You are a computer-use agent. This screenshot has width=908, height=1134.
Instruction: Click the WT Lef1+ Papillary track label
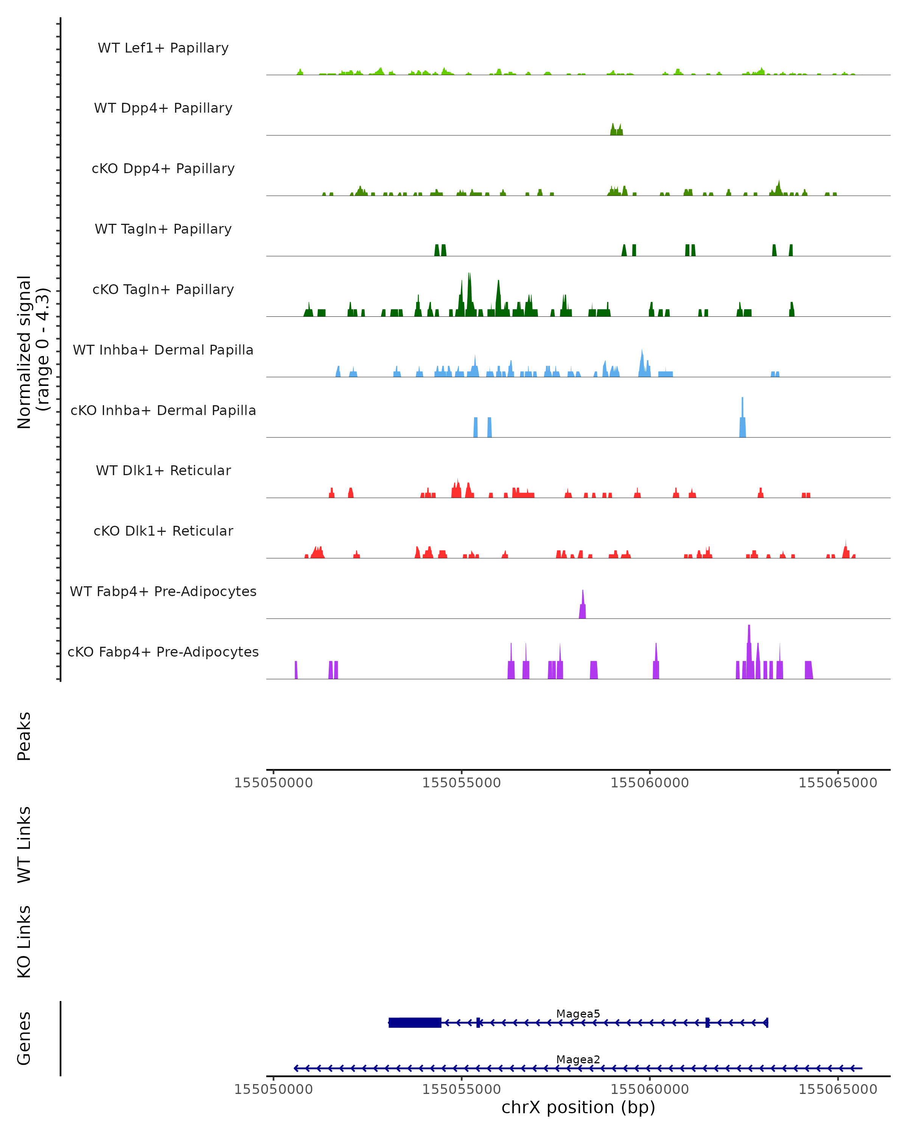pyautogui.click(x=163, y=48)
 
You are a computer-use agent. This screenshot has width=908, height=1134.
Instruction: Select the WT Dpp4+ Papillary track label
pyautogui.click(x=163, y=108)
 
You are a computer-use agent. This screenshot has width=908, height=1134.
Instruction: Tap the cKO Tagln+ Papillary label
pyautogui.click(x=163, y=290)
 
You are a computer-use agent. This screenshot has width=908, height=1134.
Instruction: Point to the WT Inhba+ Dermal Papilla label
pyautogui.click(x=163, y=350)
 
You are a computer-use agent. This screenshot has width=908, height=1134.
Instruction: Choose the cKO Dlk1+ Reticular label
pyautogui.click(x=163, y=531)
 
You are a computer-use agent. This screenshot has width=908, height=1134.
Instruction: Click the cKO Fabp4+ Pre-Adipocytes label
pyautogui.click(x=163, y=652)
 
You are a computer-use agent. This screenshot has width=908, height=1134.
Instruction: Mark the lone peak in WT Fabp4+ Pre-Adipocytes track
pyautogui.click(x=583, y=605)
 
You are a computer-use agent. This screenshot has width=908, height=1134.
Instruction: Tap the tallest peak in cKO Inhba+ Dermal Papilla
pyautogui.click(x=743, y=418)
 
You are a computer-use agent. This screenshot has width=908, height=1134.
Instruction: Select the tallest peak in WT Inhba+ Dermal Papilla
pyautogui.click(x=642, y=363)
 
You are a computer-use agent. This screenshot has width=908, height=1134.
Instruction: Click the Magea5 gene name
pyautogui.click(x=578, y=1013)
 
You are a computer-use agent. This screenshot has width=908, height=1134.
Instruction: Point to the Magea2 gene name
pyautogui.click(x=578, y=1059)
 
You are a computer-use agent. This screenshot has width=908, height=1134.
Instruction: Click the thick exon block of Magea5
pyautogui.click(x=415, y=1022)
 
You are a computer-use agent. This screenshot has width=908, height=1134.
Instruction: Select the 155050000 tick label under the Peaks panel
pyautogui.click(x=273, y=783)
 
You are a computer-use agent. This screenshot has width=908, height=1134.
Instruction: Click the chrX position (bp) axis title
pyautogui.click(x=578, y=1107)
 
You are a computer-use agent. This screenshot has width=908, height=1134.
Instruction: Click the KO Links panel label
pyautogui.click(x=24, y=942)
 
